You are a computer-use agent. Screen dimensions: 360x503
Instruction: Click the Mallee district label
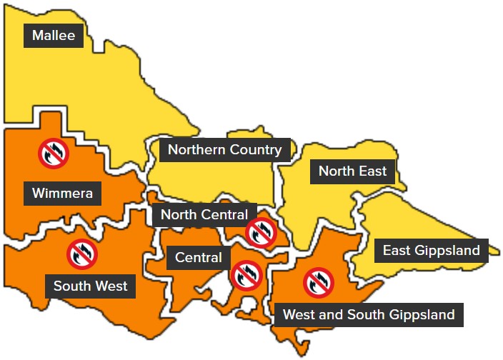click(x=54, y=36)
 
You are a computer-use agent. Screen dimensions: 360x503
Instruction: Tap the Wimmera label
click(x=62, y=193)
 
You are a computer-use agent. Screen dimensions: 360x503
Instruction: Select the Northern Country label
click(x=224, y=150)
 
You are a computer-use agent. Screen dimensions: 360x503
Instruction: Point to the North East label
click(x=352, y=171)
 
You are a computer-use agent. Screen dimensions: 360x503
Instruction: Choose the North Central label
click(x=204, y=214)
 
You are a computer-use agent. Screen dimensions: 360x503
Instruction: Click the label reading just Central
click(x=198, y=258)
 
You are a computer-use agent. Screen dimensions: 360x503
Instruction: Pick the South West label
click(x=90, y=286)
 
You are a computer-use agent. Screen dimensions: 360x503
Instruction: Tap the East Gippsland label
click(x=431, y=251)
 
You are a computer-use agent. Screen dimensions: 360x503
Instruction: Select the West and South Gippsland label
click(x=369, y=314)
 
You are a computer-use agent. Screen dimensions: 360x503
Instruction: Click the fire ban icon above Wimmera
click(x=53, y=153)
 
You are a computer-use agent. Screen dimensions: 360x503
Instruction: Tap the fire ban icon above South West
click(x=82, y=254)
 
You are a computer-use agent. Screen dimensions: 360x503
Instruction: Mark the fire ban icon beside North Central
click(x=261, y=231)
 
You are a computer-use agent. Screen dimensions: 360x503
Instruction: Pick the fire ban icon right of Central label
click(x=246, y=274)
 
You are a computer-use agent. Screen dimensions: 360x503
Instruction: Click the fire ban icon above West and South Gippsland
click(x=318, y=282)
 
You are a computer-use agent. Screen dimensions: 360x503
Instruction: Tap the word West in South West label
click(x=113, y=286)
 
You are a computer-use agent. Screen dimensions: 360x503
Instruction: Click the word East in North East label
click(x=372, y=171)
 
